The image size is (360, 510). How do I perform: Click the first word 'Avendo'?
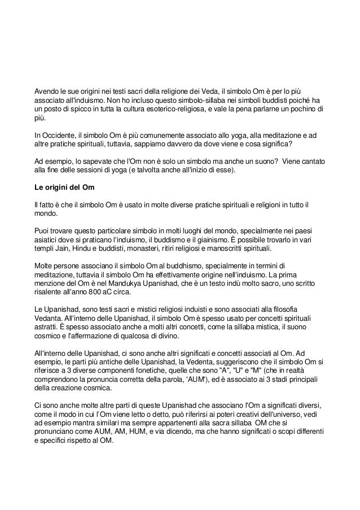click(47, 90)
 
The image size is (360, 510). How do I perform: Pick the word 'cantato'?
click(311, 161)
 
